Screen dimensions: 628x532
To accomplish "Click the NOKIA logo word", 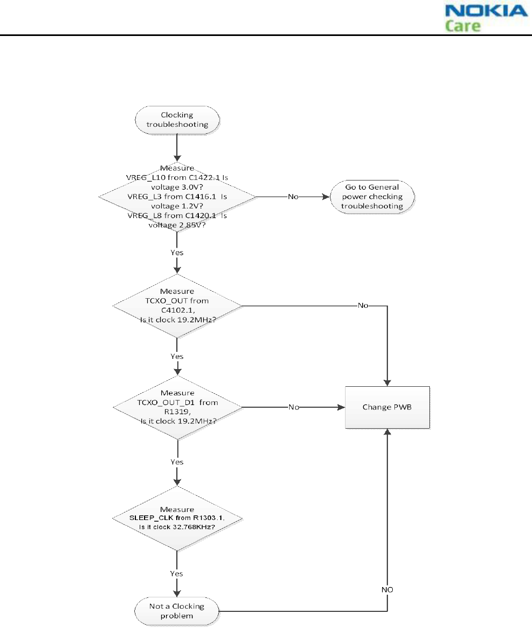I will coord(487,11).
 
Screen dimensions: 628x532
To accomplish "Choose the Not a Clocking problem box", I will coord(177,611).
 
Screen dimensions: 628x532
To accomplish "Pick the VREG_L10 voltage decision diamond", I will coord(177,197).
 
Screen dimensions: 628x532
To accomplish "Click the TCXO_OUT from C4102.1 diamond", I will coord(177,306).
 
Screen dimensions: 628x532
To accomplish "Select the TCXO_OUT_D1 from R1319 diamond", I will coord(177,407).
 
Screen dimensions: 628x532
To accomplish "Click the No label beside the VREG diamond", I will coord(293,197).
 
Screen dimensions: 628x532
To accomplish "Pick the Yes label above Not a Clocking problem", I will coord(177,573).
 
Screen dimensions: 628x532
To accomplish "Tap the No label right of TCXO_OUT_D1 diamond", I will coord(293,407).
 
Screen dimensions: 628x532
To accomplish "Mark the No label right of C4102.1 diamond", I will coord(364,306).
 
